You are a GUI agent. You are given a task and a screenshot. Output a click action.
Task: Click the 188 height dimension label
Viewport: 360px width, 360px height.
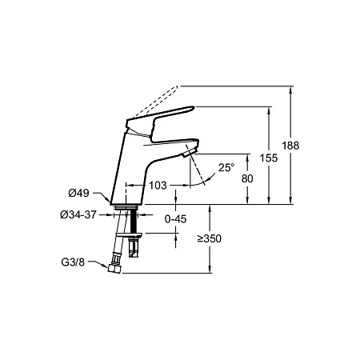coord(290,146)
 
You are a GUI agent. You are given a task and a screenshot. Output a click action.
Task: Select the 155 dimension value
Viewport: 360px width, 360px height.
coord(269,158)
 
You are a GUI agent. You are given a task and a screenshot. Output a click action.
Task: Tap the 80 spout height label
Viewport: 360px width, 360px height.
coord(247,178)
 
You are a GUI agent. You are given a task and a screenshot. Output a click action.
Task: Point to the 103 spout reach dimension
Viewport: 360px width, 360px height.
coord(158,186)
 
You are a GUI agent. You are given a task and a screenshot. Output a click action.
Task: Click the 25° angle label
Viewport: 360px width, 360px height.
coord(226,167)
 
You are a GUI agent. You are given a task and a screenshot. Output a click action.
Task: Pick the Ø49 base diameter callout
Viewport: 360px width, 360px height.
coord(78,193)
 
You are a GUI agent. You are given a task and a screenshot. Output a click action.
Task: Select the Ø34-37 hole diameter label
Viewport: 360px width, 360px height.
coord(78,214)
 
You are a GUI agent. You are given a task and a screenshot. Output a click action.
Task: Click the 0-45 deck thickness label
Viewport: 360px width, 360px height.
coord(175,219)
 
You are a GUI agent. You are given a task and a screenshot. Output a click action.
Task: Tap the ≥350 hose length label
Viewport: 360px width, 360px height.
coord(210,238)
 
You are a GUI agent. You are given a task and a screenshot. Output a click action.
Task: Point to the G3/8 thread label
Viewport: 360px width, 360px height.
coord(73,262)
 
